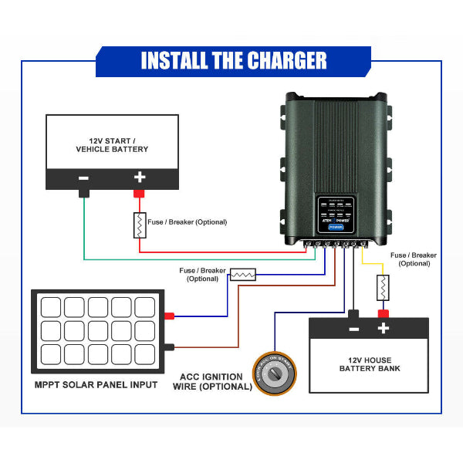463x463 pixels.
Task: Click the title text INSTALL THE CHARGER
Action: point(233,60)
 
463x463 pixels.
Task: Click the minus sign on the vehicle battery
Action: point(83,178)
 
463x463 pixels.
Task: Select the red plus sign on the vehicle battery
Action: point(140,177)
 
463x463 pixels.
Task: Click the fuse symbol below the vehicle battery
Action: point(140,225)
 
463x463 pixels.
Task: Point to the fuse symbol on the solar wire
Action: point(244,274)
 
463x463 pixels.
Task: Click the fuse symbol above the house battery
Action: point(381,288)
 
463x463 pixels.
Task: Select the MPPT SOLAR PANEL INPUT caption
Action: point(96,384)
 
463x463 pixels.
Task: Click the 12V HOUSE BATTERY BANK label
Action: point(370,363)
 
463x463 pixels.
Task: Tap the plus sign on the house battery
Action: point(383,329)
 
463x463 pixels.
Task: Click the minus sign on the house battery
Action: point(353,329)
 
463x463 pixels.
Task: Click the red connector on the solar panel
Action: point(169,316)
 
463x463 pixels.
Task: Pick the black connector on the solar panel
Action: point(169,346)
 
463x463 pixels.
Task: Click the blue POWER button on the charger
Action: point(336,228)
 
